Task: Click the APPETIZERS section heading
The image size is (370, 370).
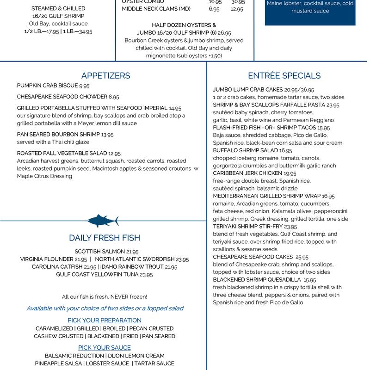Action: point(105,76)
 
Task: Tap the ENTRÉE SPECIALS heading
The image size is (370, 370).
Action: point(284,76)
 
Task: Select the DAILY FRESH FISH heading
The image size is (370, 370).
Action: point(105,238)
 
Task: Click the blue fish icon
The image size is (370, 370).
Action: point(104,221)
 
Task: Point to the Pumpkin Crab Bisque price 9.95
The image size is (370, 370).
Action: point(84,86)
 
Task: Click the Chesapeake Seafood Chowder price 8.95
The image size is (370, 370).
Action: point(114,97)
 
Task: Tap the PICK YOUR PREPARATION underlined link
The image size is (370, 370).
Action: point(105,320)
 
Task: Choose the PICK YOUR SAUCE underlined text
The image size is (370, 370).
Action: point(105,347)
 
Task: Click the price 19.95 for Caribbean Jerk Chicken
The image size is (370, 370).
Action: point(290,173)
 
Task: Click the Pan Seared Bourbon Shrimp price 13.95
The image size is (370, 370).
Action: point(107,135)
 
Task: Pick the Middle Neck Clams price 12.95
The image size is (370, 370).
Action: point(237,9)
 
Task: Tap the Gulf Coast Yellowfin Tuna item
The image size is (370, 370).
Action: point(104,274)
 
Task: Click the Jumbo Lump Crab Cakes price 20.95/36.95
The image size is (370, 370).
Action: point(299,90)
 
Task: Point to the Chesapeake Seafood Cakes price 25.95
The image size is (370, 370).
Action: point(302,257)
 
